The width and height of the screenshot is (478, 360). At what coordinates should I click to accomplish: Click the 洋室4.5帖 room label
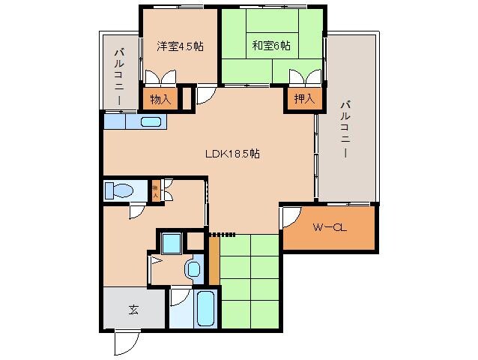tap(180, 46)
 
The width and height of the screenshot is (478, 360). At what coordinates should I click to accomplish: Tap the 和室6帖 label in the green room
tap(270, 46)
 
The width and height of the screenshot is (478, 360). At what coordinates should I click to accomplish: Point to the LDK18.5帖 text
tap(233, 154)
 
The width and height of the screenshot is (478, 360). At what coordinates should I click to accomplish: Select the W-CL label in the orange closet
tap(328, 226)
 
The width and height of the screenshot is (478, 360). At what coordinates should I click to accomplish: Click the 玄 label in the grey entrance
tap(133, 307)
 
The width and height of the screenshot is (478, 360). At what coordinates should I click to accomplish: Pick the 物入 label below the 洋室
tap(160, 99)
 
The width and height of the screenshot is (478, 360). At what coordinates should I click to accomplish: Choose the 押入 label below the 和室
tap(303, 99)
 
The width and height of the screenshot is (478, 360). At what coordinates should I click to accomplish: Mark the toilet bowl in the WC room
tap(118, 190)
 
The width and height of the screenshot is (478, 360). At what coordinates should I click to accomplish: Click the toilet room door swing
tap(136, 211)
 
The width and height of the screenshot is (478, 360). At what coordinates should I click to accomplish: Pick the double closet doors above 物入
tap(160, 79)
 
